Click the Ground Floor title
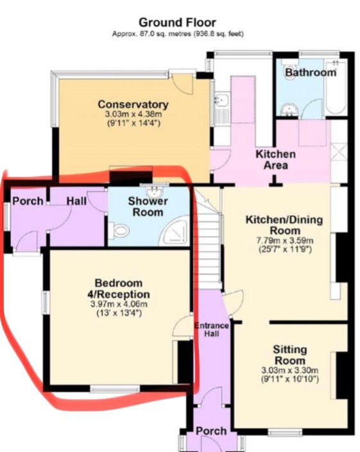click(177, 22)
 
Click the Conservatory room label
click(133, 105)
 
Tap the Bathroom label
click(311, 72)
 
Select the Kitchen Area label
click(276, 160)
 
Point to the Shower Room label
click(148, 206)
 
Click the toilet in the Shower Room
click(119, 231)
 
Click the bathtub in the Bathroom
click(335, 87)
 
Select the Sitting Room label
click(290, 355)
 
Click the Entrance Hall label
click(212, 330)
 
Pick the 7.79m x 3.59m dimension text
click(285, 240)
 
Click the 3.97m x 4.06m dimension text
click(119, 304)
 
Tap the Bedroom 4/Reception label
click(119, 289)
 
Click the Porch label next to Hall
click(28, 201)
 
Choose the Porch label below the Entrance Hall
click(211, 431)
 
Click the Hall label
click(76, 201)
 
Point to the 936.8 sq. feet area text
click(219, 34)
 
